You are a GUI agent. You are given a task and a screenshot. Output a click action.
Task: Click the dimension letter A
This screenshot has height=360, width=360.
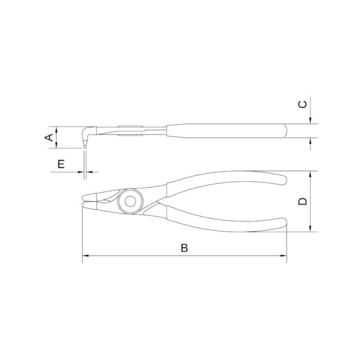pyautogui.click(x=49, y=137)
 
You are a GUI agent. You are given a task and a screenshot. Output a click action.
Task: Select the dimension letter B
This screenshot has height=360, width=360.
pyautogui.click(x=184, y=248)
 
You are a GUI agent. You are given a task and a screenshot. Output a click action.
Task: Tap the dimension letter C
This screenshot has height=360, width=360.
pyautogui.click(x=302, y=105)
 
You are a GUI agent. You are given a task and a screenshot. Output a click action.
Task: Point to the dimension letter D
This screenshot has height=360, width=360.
pyautogui.click(x=302, y=202)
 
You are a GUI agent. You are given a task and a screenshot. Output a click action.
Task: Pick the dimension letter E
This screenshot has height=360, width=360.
pyautogui.click(x=61, y=164)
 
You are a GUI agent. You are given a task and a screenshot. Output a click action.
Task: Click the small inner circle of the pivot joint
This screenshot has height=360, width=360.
pyautogui.click(x=130, y=202)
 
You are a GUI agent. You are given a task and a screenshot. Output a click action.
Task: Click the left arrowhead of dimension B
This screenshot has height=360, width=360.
pyautogui.click(x=86, y=255)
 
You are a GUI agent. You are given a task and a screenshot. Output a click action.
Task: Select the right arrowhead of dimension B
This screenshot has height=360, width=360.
pyautogui.click(x=284, y=255)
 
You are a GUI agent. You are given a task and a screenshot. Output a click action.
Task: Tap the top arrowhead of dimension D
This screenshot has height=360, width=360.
pyautogui.click(x=310, y=174)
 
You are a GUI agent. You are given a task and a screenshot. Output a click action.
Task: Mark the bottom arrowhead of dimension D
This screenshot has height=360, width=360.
pyautogui.click(x=310, y=228)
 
